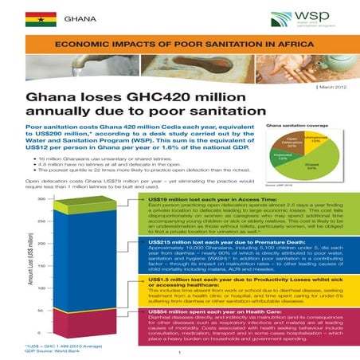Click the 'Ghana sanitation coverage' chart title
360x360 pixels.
[292, 126]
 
